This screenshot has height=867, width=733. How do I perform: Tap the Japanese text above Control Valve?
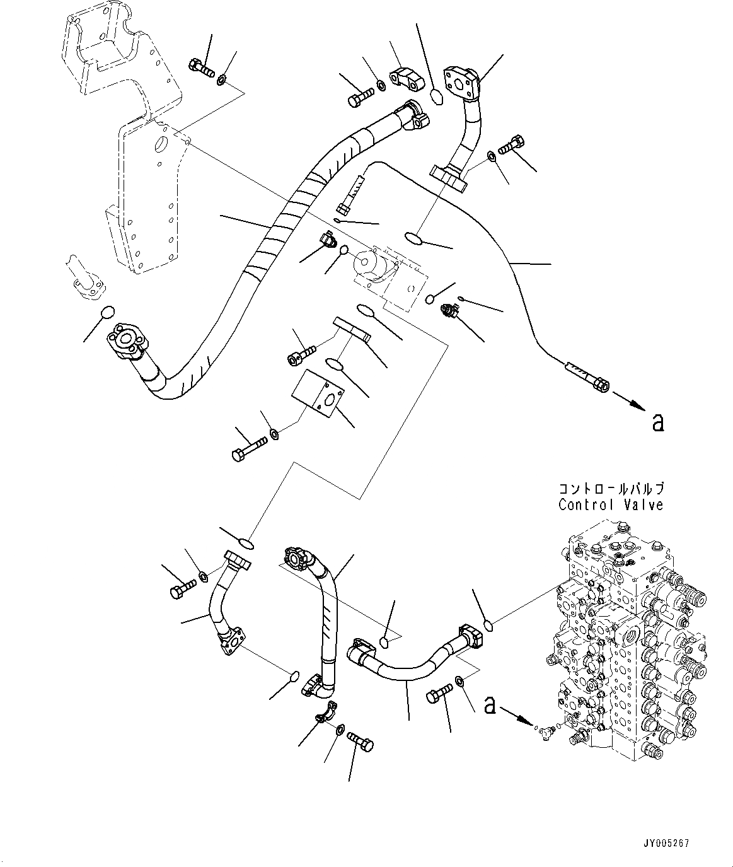pyautogui.click(x=611, y=489)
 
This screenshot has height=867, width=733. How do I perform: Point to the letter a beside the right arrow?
pyautogui.click(x=658, y=423)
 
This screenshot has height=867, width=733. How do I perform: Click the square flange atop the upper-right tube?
pyautogui.click(x=461, y=81)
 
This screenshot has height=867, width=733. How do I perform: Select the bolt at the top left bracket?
pyautogui.click(x=200, y=68)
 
